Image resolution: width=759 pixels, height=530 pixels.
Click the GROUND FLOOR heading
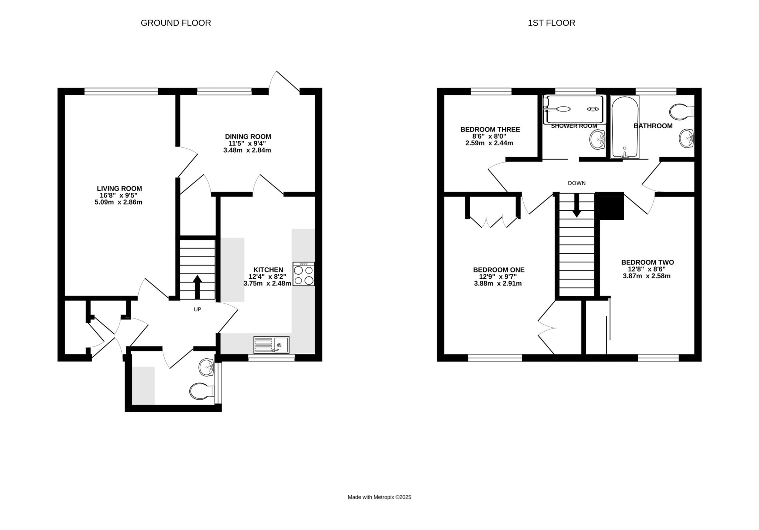(176, 23)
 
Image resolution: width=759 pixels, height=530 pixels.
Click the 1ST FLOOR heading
(551, 23)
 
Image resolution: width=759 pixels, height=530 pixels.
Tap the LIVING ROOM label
(119, 189)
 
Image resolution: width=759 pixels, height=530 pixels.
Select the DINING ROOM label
(248, 137)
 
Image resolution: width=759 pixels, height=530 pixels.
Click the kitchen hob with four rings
(304, 274)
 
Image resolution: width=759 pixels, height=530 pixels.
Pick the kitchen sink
(271, 345)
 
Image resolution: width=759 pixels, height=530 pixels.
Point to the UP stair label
(198, 309)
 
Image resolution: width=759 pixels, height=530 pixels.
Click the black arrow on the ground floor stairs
(197, 287)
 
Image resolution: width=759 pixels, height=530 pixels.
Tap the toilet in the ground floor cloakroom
(202, 391)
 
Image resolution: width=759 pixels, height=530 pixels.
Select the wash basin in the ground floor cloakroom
(206, 367)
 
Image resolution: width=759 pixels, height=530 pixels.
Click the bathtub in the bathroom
(625, 127)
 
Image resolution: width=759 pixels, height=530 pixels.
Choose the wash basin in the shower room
(597, 140)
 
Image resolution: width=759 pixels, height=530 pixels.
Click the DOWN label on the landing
(577, 183)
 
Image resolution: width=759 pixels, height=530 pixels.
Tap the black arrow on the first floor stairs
(577, 205)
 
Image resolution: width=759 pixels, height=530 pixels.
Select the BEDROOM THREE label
(490, 129)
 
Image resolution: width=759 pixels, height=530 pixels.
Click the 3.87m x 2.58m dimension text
(647, 276)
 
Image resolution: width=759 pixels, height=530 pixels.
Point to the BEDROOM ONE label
(499, 270)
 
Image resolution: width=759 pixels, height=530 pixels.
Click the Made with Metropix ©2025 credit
(379, 497)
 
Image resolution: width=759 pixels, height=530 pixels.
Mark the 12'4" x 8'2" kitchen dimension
(267, 276)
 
